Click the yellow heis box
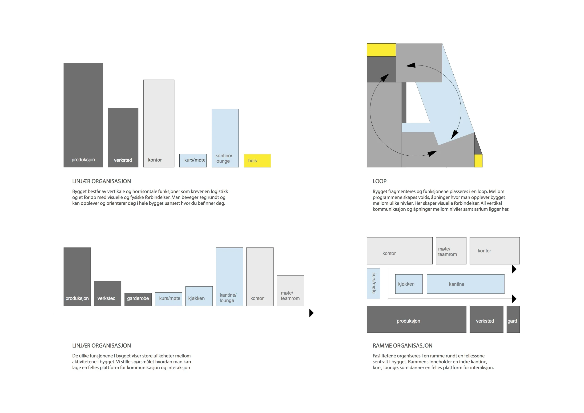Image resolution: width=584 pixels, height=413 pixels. click(257, 161)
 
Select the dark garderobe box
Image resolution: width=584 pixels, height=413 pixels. click(138, 299)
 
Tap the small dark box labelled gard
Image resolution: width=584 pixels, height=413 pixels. click(513, 319)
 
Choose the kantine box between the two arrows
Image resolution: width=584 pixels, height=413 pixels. click(465, 284)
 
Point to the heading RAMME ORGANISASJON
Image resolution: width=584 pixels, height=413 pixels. click(402, 346)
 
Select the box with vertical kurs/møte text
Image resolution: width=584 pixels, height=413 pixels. click(373, 283)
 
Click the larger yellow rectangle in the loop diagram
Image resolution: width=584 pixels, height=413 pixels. click(381, 50)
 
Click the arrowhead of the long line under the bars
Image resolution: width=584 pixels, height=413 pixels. click(311, 313)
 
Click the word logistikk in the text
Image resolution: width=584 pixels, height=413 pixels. click(219, 191)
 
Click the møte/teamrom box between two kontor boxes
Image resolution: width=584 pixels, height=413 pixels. click(451, 251)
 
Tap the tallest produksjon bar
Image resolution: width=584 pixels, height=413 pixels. click(83, 115)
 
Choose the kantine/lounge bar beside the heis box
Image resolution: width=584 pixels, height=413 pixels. click(225, 138)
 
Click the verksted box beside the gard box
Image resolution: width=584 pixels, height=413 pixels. click(486, 319)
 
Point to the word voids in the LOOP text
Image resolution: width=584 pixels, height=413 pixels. click(423, 198)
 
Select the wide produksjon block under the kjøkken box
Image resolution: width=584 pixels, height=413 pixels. click(416, 319)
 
